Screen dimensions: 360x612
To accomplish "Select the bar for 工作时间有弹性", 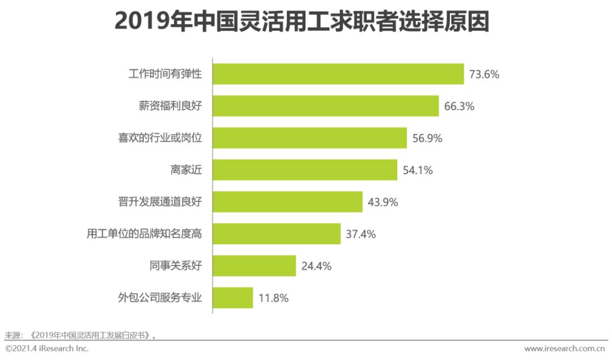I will pos(338,74).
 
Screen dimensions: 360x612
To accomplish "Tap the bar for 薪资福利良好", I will pos(326,106).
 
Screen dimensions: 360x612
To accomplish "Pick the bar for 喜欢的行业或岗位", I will pos(310,138).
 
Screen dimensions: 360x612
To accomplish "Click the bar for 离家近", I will pos(305,170).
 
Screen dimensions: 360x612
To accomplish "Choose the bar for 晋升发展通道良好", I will pos(288,202).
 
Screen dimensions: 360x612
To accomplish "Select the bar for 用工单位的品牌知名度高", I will pos(277,234).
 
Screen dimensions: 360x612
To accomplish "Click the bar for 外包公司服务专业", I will pos(233,298).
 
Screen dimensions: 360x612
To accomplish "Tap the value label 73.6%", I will pos(484,74).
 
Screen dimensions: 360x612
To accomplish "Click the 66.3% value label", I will pos(459,106).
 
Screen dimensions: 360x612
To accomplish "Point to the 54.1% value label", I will pos(418,170).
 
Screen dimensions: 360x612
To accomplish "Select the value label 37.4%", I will pos(361,234).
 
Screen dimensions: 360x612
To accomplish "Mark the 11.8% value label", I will pos(273,298).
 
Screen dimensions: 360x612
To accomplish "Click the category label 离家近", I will pos(186,170).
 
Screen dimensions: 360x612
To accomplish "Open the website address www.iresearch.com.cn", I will pos(565,348).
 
